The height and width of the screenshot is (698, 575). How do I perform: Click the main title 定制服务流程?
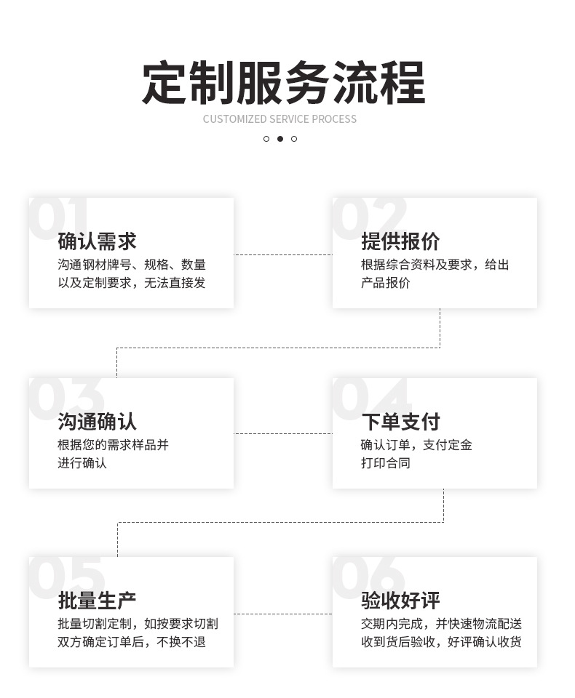[x=283, y=84]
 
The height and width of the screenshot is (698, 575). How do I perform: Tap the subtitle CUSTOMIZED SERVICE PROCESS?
[x=279, y=119]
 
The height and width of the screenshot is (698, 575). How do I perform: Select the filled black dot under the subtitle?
[x=279, y=139]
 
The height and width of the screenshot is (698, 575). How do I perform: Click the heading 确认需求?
[x=97, y=241]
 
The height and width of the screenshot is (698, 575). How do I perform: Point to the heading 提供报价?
[x=400, y=241]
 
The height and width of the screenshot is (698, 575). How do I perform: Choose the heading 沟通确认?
[x=97, y=422]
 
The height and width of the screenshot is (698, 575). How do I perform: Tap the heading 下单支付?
[x=400, y=422]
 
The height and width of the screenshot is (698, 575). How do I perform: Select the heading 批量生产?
[x=97, y=601]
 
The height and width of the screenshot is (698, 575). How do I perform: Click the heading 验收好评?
[x=400, y=601]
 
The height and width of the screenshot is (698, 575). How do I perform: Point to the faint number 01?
[x=58, y=217]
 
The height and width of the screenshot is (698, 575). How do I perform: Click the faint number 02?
[x=369, y=217]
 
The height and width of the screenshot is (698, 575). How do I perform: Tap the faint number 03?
[x=66, y=398]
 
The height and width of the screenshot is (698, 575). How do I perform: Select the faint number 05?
[x=66, y=577]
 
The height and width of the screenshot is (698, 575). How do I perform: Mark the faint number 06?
[x=369, y=577]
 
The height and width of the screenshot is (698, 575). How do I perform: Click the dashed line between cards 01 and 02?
[x=283, y=254]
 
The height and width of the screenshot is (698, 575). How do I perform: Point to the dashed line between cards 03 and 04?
[x=283, y=434]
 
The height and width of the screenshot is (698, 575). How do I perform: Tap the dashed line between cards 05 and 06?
[x=283, y=614]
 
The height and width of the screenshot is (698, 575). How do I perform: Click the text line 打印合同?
[x=385, y=463]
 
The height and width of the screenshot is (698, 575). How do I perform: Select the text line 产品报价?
[x=385, y=283]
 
